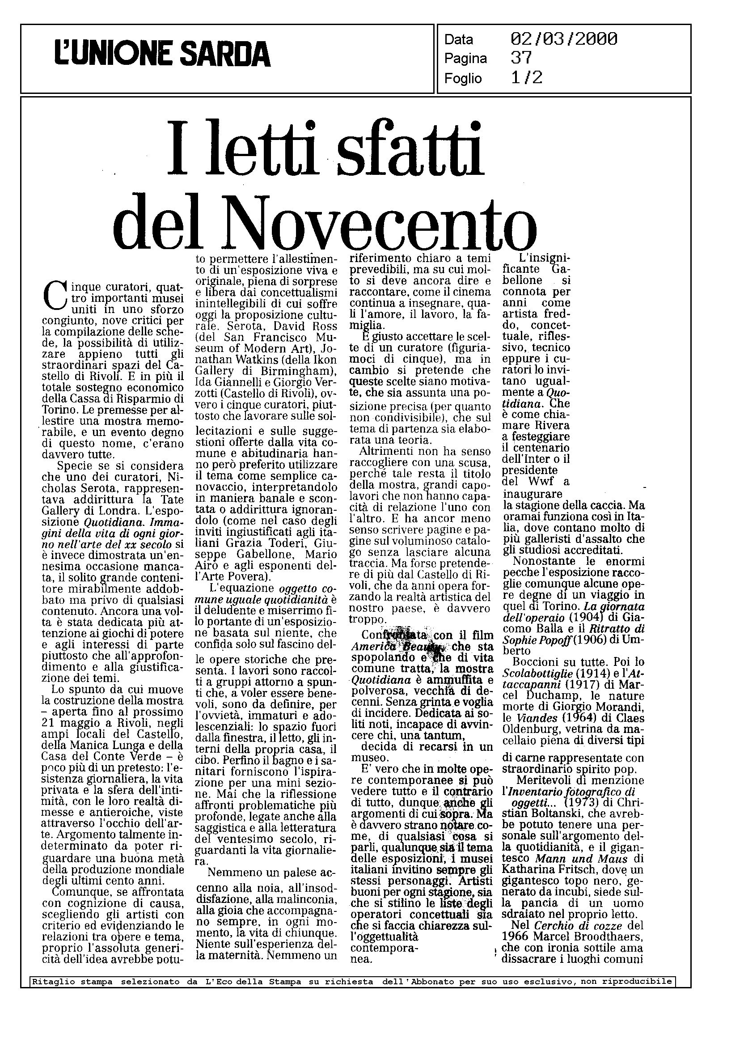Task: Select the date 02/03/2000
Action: (563, 39)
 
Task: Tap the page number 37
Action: (521, 58)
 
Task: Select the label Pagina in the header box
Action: (465, 59)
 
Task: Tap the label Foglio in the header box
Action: (463, 79)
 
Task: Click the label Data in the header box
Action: (459, 40)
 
